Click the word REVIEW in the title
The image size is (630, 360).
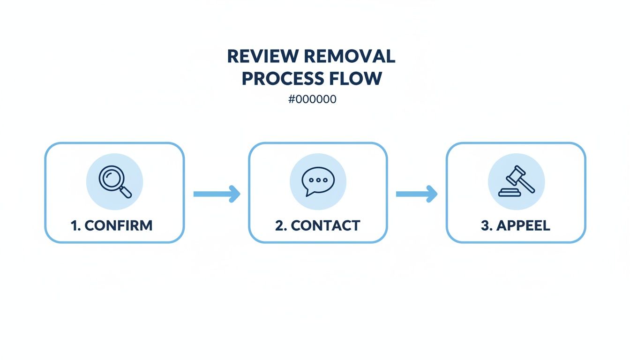point(263,56)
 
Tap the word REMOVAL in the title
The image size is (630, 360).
point(349,56)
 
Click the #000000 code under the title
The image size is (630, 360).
point(313,99)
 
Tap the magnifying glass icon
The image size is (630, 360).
point(115,181)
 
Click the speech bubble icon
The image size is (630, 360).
point(317,181)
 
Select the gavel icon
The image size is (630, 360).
point(516,181)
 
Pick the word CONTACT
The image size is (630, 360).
point(325,225)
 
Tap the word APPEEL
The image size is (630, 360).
point(522,225)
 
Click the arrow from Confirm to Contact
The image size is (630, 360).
point(217,194)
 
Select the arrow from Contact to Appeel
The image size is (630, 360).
point(417,194)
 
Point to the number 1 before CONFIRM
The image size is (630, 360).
point(74,225)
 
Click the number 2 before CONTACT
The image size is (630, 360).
point(279,225)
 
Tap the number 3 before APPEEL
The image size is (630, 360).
point(485,225)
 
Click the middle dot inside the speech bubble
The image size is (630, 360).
point(319,180)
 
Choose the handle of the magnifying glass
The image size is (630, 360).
point(126,191)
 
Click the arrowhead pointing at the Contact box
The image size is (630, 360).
point(234,194)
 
